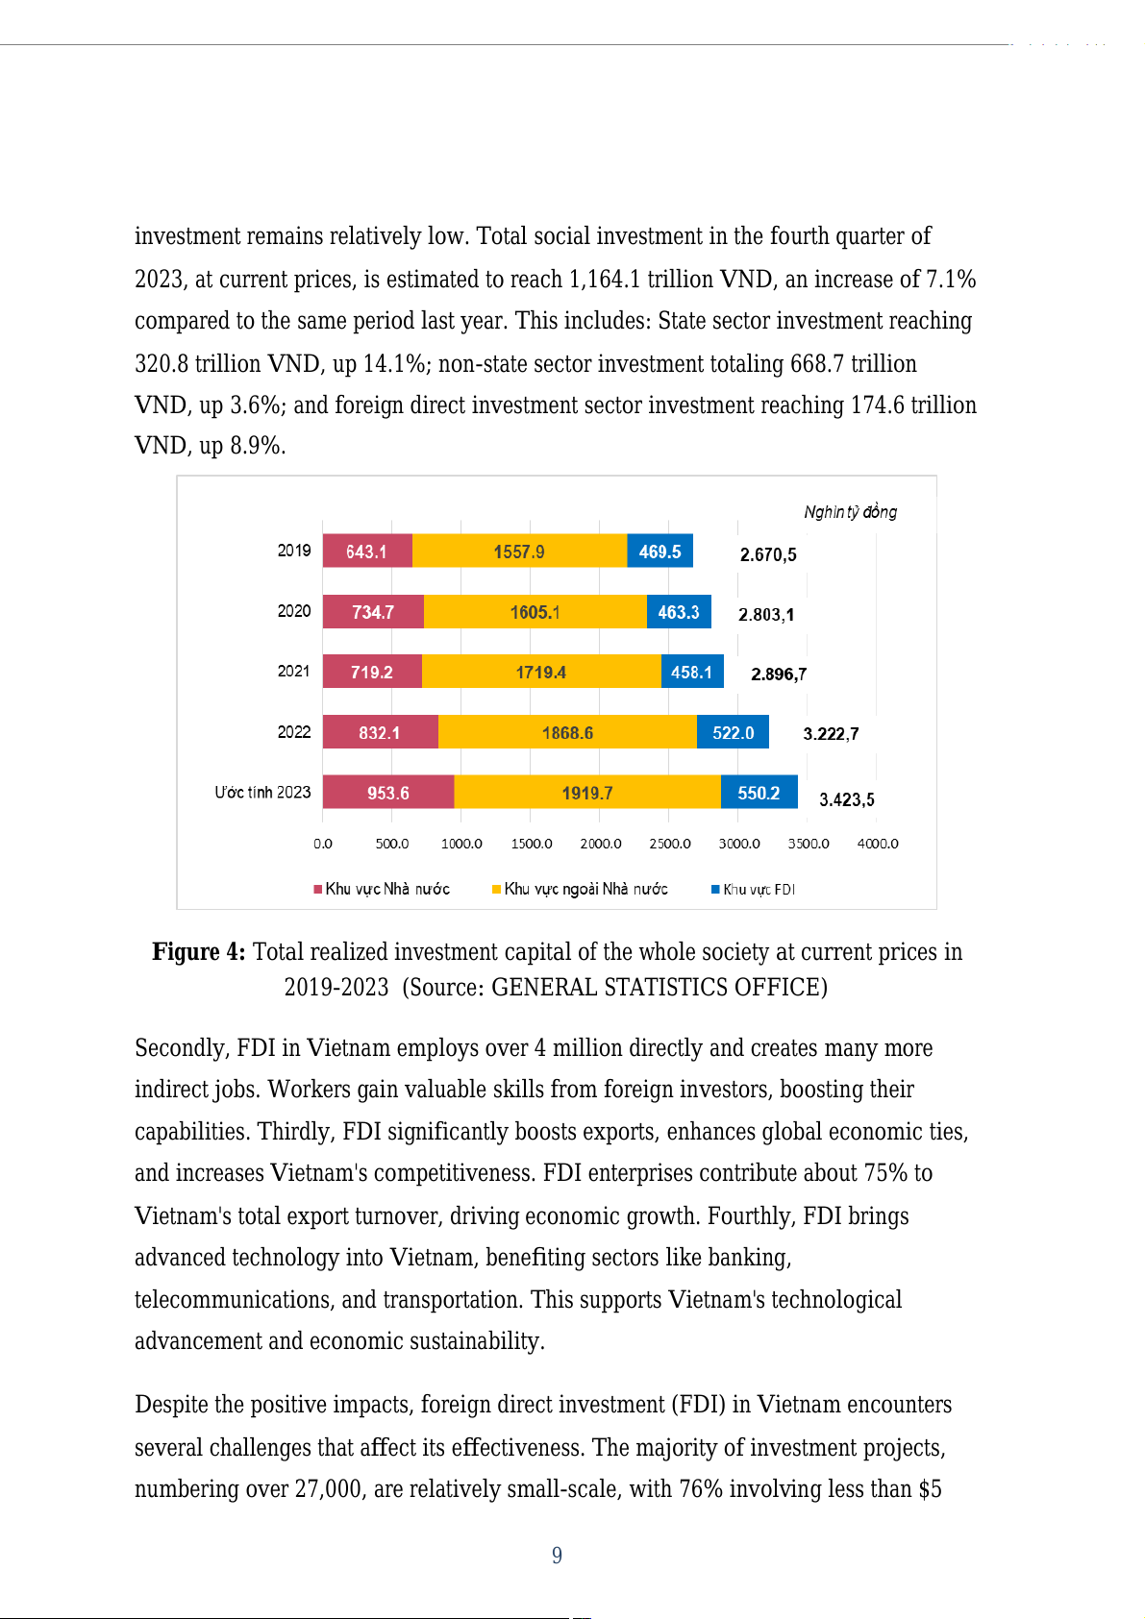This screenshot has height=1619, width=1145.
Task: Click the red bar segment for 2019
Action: [366, 552]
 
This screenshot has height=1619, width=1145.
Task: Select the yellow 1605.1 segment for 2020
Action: [535, 612]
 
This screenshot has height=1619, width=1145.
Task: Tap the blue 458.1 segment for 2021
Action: [691, 672]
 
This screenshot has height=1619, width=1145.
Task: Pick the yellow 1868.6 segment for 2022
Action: [567, 732]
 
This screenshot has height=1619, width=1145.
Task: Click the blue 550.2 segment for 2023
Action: [759, 793]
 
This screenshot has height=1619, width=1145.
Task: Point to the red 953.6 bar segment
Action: [387, 793]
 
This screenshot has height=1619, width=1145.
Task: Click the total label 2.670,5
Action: [768, 554]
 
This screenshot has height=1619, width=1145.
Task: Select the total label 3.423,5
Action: [846, 799]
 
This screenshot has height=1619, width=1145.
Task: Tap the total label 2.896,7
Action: [779, 674]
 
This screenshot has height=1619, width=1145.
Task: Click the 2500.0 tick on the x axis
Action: [670, 844]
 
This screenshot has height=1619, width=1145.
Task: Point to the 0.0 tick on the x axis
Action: [323, 844]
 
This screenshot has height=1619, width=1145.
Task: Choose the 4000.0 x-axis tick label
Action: [878, 844]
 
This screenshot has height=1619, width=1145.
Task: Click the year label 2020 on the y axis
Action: [294, 611]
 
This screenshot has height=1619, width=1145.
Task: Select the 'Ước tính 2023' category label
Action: [262, 793]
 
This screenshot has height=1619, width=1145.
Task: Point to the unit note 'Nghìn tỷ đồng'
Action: [851, 512]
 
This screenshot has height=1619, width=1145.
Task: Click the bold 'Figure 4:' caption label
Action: [199, 952]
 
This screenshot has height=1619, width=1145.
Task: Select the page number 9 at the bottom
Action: [558, 1556]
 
